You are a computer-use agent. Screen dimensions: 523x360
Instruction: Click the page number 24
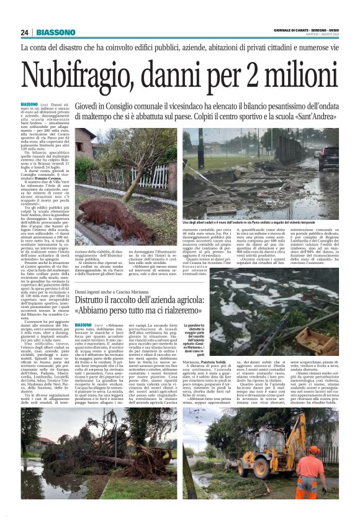click(x=24, y=32)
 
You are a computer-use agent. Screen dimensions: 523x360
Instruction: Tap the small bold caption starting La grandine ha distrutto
click(x=198, y=340)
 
